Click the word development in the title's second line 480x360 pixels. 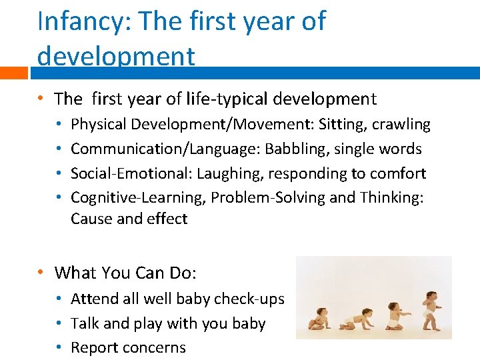pyautogui.click(x=116, y=56)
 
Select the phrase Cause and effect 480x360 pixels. pyautogui.click(x=129, y=219)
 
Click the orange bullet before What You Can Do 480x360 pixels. pyautogui.click(x=41, y=273)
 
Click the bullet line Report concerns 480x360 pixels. pyautogui.click(x=128, y=347)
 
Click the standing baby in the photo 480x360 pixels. pyautogui.click(x=432, y=309)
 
